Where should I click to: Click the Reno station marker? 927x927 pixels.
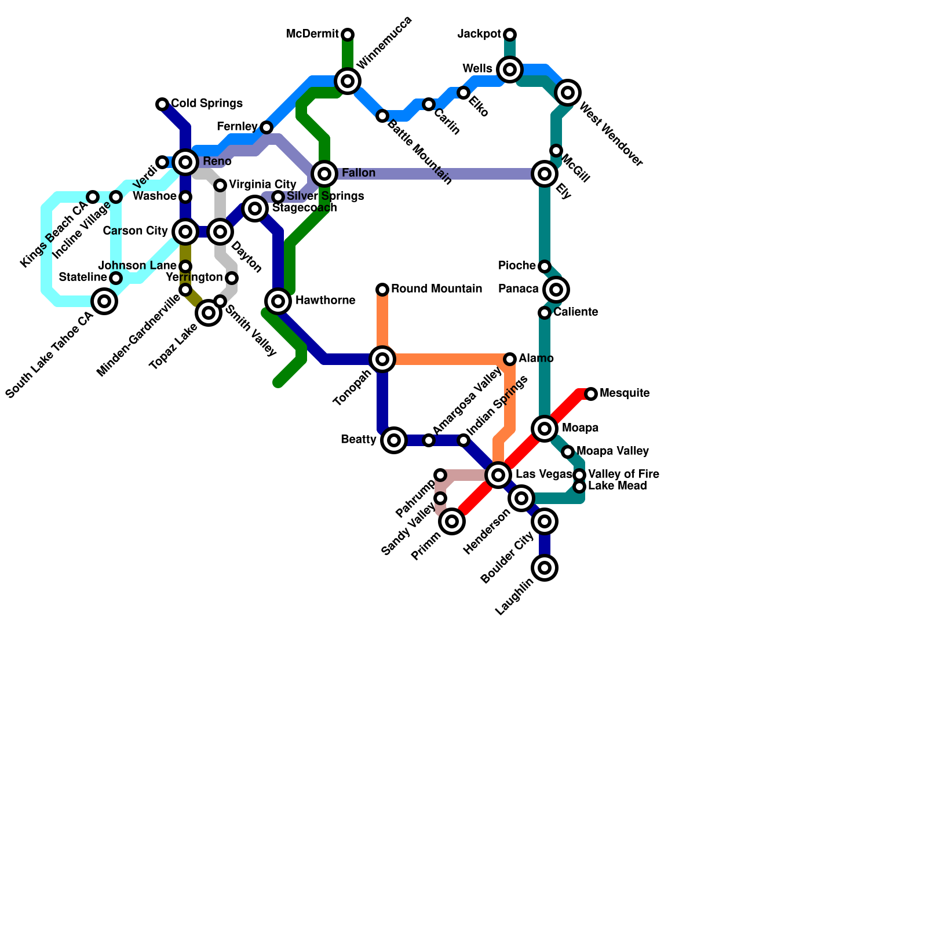click(x=185, y=162)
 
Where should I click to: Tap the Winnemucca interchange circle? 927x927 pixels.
click(x=348, y=81)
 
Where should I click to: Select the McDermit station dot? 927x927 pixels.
click(x=348, y=35)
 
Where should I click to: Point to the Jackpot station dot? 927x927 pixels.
click(x=510, y=35)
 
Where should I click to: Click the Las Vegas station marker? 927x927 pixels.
click(x=498, y=475)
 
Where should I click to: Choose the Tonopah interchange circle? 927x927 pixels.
click(x=382, y=359)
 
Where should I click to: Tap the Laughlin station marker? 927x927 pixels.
click(x=545, y=568)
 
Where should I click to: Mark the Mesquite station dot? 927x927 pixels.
click(x=591, y=394)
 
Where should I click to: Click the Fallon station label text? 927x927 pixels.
click(x=358, y=173)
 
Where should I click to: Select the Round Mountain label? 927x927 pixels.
click(x=436, y=289)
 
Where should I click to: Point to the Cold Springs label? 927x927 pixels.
click(x=206, y=104)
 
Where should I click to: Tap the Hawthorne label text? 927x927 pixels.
click(x=325, y=301)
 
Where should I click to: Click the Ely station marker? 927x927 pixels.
click(x=545, y=173)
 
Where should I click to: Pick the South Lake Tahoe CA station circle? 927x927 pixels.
click(x=104, y=301)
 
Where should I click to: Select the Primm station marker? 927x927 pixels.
click(x=452, y=521)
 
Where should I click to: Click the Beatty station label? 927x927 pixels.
click(x=358, y=440)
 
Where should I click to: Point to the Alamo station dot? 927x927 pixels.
click(x=510, y=359)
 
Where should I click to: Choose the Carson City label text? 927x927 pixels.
click(x=135, y=231)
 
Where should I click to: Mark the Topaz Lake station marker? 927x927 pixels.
click(x=209, y=313)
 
